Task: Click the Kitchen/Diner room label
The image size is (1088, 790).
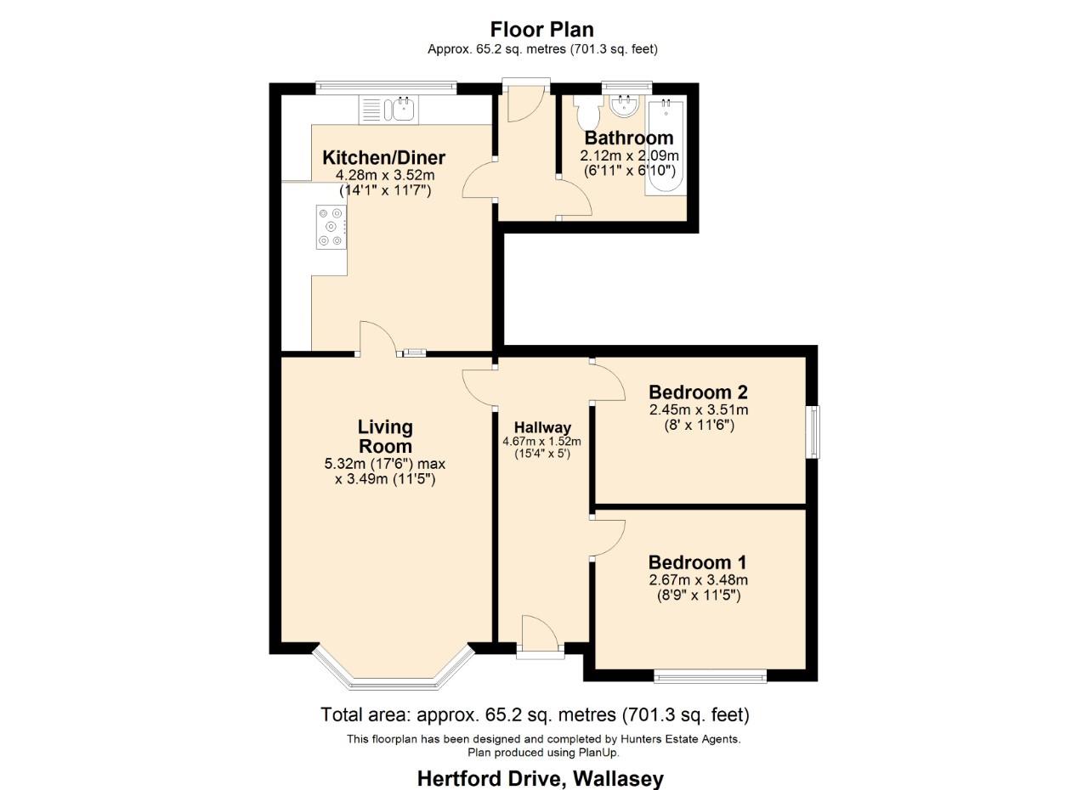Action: click(383, 158)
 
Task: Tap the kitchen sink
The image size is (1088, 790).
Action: click(388, 110)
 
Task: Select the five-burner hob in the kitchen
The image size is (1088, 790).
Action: click(331, 227)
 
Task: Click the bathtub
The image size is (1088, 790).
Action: click(666, 145)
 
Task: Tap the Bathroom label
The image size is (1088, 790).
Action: click(629, 138)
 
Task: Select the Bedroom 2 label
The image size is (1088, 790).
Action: click(698, 392)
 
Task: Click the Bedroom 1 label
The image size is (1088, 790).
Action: click(697, 562)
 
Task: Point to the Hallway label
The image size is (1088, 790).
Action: click(542, 427)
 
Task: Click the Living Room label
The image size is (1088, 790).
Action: click(385, 437)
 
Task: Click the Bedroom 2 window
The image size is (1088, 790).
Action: click(814, 432)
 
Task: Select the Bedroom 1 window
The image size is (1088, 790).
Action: click(710, 676)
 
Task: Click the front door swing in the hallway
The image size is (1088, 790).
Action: click(539, 631)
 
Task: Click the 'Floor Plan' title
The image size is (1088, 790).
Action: click(542, 30)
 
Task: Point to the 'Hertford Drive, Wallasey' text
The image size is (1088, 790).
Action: click(540, 778)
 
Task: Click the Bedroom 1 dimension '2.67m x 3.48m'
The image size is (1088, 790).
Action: click(698, 580)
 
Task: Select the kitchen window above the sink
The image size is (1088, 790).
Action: click(386, 87)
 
